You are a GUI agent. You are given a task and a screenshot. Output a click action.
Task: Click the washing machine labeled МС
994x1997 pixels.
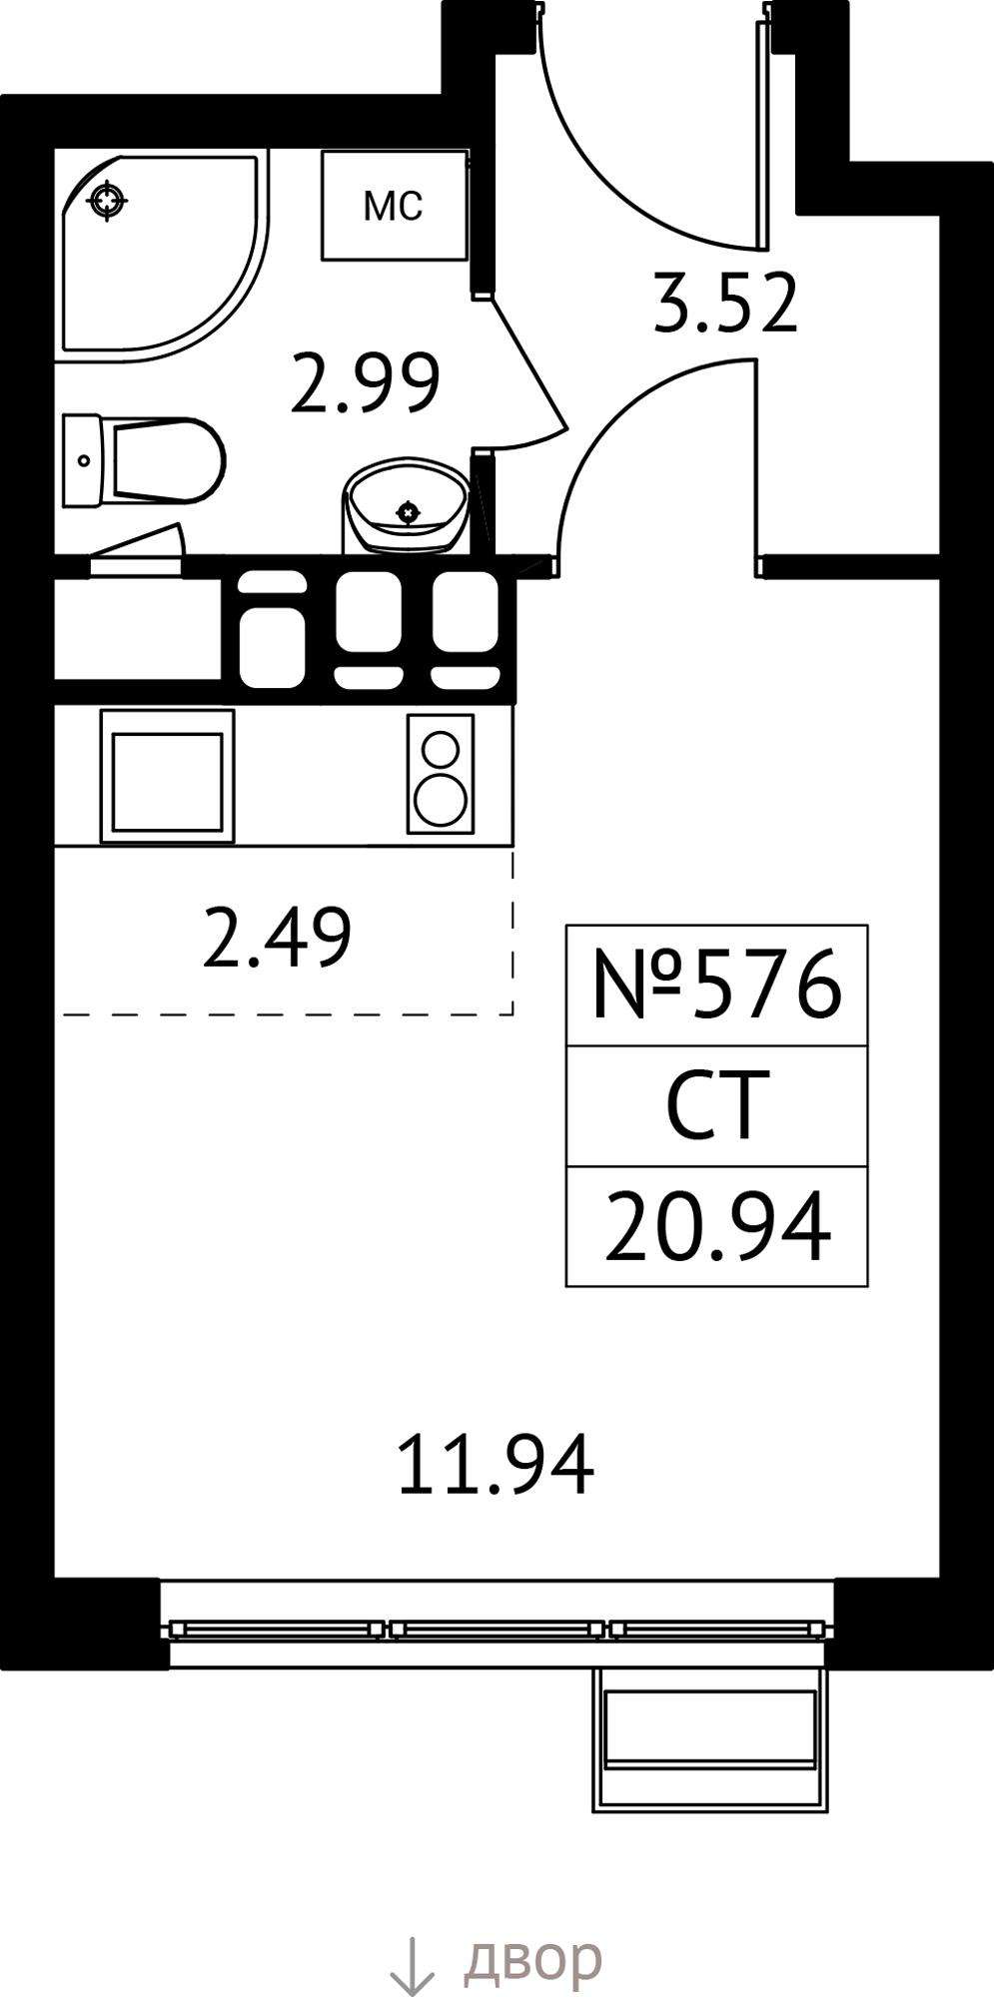395,206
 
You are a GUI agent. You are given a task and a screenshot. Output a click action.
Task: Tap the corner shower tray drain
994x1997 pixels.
107,202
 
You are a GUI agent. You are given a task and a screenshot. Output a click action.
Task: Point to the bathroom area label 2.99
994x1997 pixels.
365,382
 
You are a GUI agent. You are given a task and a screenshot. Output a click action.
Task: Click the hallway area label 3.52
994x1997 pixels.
726,304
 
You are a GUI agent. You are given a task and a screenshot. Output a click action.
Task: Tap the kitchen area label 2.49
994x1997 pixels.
277,938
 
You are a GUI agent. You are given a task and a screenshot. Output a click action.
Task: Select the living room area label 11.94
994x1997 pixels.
496,1465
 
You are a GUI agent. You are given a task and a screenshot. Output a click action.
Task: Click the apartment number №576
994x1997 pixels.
716,986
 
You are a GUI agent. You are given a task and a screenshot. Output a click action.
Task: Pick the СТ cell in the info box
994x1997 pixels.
716,1105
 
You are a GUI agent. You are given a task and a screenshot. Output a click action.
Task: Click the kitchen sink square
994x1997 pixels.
167,777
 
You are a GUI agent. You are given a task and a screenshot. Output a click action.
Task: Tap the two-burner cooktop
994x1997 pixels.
441,774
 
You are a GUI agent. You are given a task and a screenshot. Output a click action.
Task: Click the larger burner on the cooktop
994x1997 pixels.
441,801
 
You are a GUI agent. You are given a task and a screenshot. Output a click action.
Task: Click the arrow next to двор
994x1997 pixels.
412,1966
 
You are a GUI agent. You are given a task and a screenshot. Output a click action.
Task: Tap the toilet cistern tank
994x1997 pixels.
82,461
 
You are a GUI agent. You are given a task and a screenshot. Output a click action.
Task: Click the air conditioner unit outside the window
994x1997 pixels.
711,1739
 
